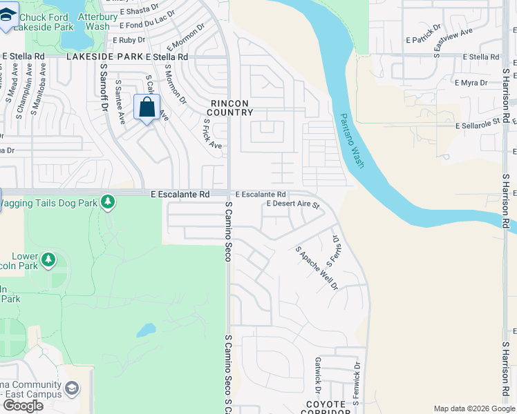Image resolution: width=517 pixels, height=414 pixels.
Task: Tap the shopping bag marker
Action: pos(147,108)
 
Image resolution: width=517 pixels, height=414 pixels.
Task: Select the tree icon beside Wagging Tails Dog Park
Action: pos(107,201)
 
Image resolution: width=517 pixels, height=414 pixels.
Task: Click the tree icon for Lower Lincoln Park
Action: pos(48,260)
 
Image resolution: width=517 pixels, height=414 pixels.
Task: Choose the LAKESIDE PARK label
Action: pos(104,57)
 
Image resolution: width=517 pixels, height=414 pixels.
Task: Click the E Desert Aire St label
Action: pos(292,205)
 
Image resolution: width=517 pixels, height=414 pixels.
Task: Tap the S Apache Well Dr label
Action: pos(317,268)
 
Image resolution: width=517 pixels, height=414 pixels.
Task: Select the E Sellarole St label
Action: pos(478,124)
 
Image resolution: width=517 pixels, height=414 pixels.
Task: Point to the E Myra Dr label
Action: pos(471,83)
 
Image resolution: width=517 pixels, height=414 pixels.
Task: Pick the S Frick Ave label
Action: pos(212,133)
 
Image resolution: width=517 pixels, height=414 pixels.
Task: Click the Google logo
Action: pos(23,406)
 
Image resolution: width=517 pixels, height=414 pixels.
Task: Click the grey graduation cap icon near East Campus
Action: pos(72,390)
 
